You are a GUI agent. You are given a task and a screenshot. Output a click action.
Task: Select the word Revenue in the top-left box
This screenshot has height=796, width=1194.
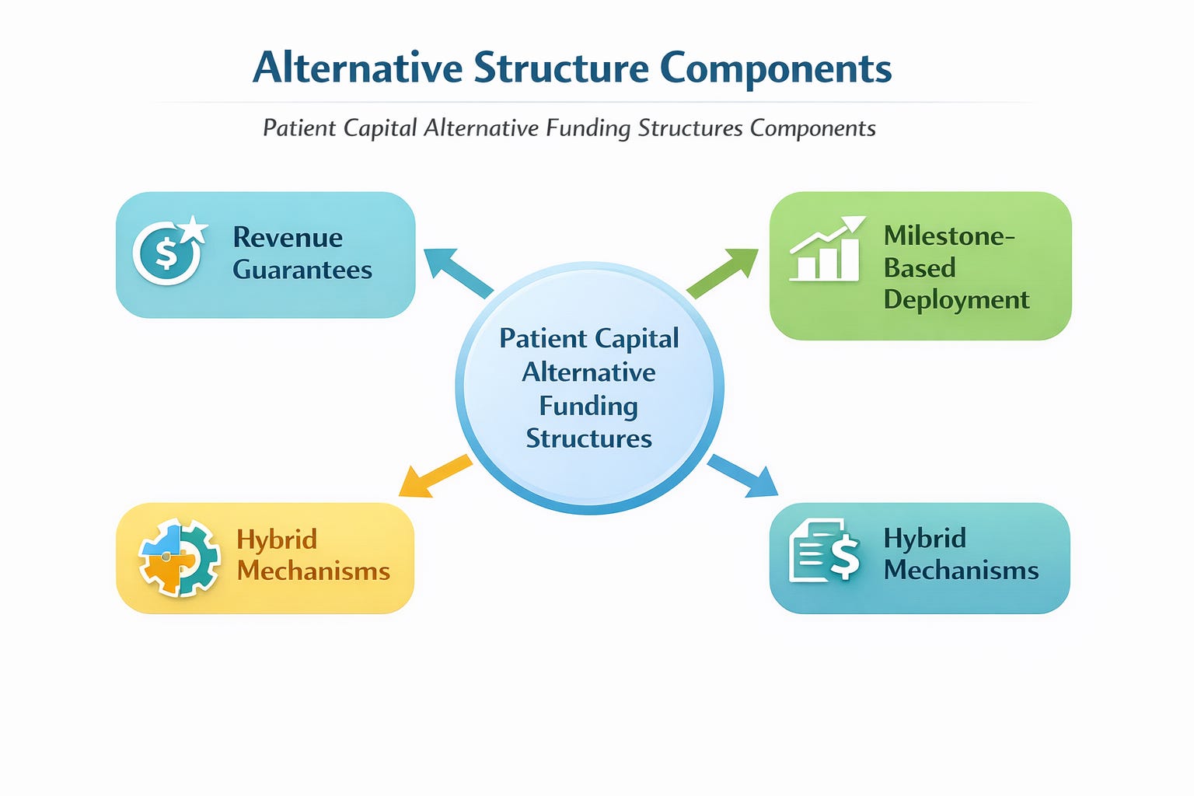coord(288,237)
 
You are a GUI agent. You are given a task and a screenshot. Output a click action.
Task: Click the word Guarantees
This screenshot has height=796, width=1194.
coord(302,270)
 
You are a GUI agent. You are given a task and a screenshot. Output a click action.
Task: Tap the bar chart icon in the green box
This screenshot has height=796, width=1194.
coord(826,250)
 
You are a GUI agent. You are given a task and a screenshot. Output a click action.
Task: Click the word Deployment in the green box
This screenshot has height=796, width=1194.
coord(956,299)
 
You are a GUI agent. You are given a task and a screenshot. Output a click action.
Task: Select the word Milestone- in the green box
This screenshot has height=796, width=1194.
coord(949,236)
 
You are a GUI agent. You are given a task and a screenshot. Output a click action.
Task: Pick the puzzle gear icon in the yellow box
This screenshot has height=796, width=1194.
coord(179,557)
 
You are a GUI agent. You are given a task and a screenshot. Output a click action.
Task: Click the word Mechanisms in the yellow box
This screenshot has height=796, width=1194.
coord(313,571)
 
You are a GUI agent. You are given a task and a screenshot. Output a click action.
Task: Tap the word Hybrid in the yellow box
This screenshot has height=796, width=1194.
coord(277,539)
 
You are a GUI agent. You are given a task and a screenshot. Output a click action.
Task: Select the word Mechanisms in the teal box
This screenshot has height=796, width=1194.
coord(961,570)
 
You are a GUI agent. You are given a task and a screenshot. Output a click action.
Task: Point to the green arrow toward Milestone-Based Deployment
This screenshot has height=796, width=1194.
coord(722,273)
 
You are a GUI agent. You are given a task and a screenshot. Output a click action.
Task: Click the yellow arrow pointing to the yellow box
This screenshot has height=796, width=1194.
coord(434,475)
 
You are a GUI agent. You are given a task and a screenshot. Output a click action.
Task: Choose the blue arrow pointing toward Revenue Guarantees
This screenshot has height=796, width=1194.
coord(459,273)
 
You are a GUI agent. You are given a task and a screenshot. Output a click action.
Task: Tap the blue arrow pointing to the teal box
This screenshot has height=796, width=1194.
coord(742,475)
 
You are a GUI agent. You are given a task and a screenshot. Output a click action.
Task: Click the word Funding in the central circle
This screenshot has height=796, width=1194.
coord(588,406)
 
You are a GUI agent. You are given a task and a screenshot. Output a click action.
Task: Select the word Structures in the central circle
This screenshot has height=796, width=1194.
coord(588,438)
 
